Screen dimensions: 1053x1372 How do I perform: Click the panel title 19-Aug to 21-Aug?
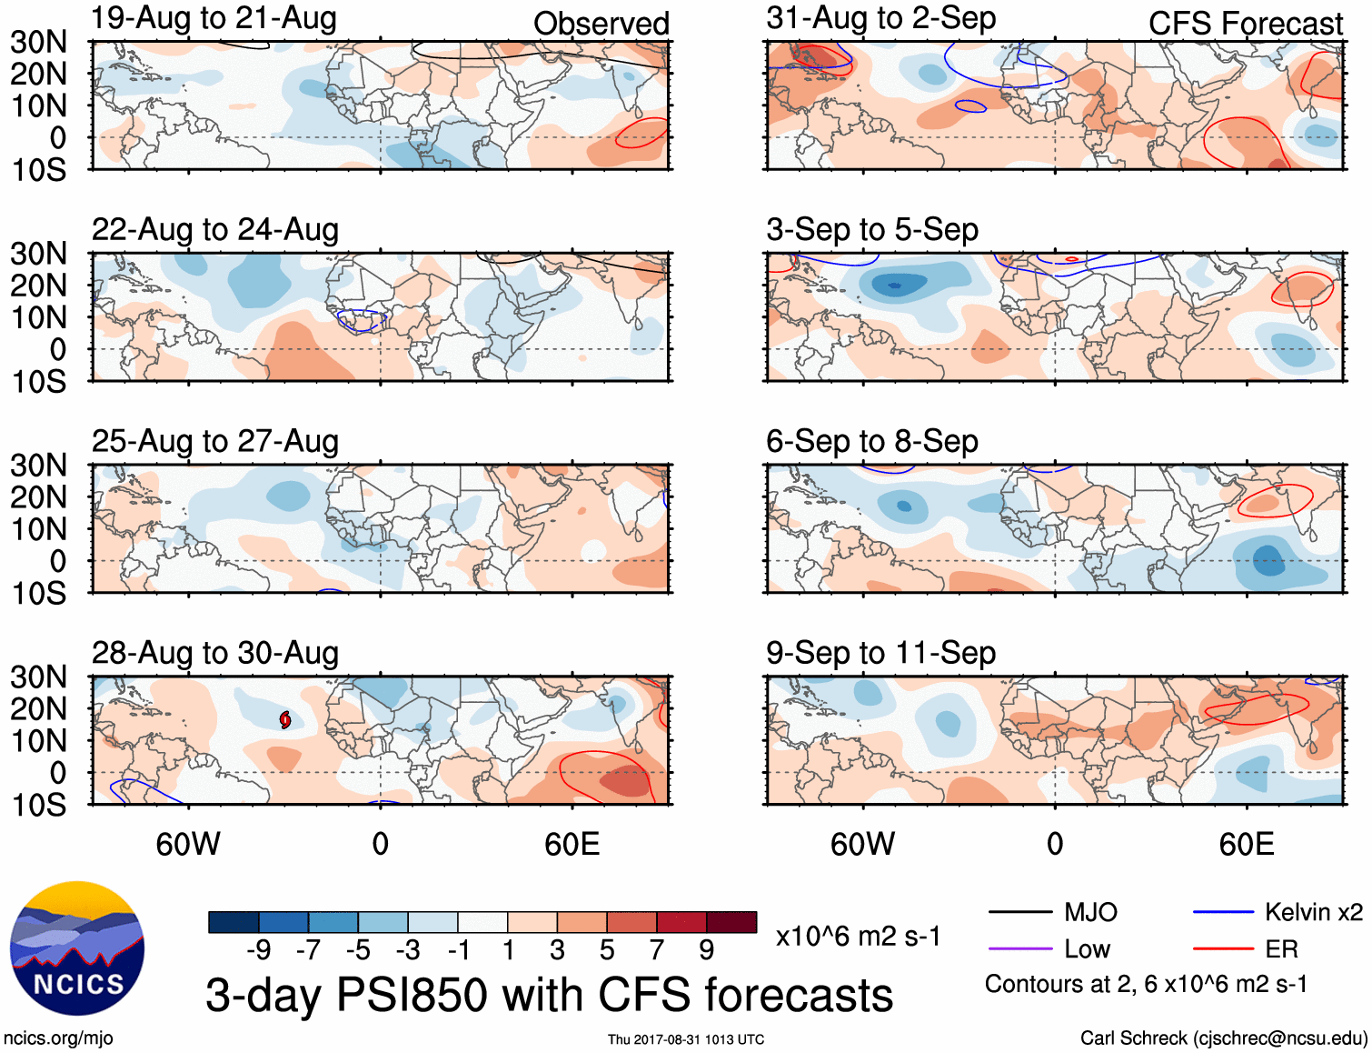[214, 18]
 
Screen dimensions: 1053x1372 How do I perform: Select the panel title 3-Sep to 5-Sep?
[872, 230]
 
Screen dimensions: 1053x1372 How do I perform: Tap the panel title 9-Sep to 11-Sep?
[880, 653]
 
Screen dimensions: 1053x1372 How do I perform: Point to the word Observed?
[601, 24]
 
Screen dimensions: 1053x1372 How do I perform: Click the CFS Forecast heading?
[1245, 24]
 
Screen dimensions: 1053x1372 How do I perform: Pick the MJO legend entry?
[1090, 912]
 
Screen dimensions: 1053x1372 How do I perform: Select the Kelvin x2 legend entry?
[1313, 912]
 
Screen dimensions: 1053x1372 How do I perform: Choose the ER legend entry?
[1281, 949]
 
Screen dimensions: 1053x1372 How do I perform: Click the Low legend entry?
[1087, 949]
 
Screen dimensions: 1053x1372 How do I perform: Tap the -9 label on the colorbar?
[258, 950]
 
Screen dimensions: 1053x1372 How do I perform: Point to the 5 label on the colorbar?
[607, 950]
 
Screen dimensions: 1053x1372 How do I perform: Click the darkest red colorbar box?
[731, 922]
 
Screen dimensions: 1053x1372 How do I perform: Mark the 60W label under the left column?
[188, 844]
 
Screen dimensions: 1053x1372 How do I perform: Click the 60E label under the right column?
[1246, 844]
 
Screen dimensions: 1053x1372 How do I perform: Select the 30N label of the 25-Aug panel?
[38, 466]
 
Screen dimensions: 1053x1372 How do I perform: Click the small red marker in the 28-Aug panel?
[285, 720]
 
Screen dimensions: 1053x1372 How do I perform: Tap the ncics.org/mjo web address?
[58, 1038]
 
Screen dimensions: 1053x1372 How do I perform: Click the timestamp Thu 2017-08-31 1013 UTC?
[686, 1039]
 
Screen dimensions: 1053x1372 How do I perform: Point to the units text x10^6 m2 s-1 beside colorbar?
[858, 937]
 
